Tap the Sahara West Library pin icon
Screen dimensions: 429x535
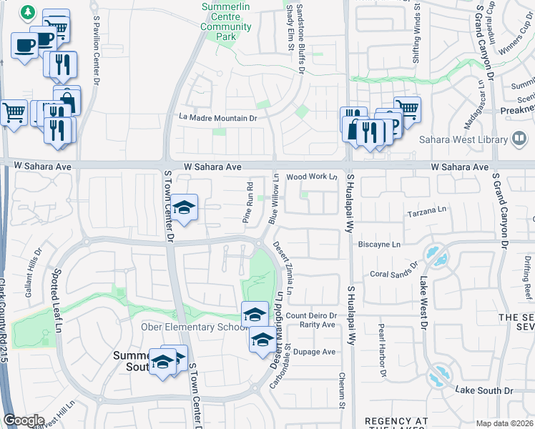[x=520, y=139]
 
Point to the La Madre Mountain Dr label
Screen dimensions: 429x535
[x=217, y=118]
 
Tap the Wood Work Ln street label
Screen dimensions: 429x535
[x=311, y=177]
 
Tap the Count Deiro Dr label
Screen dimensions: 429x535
[x=311, y=315]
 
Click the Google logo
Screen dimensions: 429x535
[x=24, y=420]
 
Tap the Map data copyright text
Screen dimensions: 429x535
[x=504, y=423]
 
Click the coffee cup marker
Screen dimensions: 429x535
[x=24, y=46]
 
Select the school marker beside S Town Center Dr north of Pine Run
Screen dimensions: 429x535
[x=185, y=207]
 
